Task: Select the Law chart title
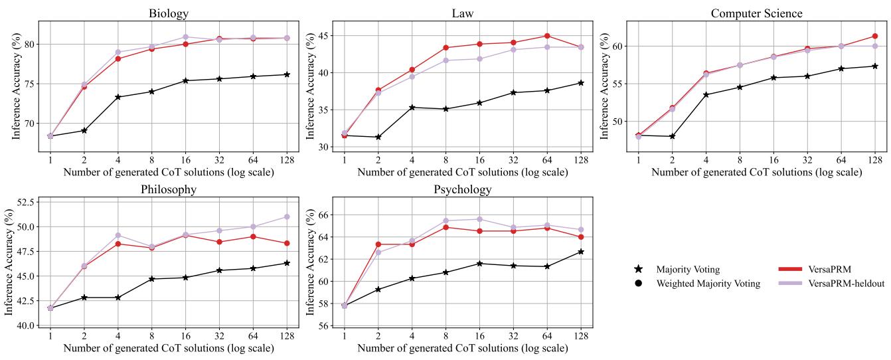pyautogui.click(x=463, y=13)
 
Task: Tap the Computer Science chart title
pyautogui.click(x=756, y=13)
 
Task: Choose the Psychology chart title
pyautogui.click(x=462, y=189)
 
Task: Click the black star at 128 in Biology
pyautogui.click(x=286, y=74)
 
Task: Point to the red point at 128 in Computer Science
pyautogui.click(x=875, y=36)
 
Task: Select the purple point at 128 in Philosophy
pyautogui.click(x=286, y=217)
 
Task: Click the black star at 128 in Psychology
pyautogui.click(x=580, y=252)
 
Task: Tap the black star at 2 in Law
pyautogui.click(x=378, y=137)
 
